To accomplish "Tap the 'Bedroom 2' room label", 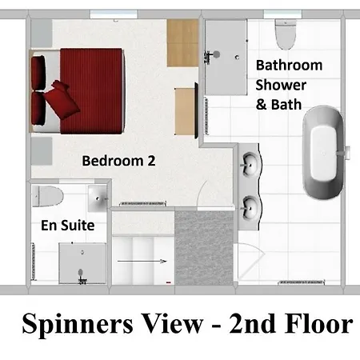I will point(118,160).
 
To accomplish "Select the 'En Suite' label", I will point(67,226).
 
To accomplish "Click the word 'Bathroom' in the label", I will point(289,65).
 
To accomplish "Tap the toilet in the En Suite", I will point(49,195).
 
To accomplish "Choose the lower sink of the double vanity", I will point(250,207).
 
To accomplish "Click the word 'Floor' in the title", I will point(317,325).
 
